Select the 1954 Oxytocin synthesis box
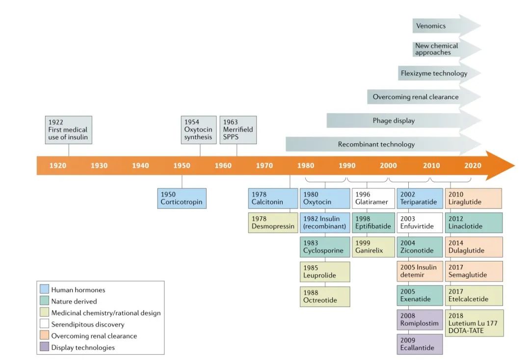tap(199, 130)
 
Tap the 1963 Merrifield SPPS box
tap(238, 130)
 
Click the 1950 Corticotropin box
tap(182, 198)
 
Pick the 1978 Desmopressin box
tap(273, 222)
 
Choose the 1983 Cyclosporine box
tap(325, 247)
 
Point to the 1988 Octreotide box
tap(325, 296)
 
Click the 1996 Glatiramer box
tap(373, 198)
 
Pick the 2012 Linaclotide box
tap(474, 222)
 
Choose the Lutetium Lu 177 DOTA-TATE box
tap(474, 323)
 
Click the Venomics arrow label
tap(430, 26)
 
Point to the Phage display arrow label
tap(394, 121)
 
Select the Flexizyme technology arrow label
tap(434, 74)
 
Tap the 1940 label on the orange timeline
tap(140, 166)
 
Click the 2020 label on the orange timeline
tap(473, 166)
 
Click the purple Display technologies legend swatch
tap(44, 347)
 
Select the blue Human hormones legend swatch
tap(44, 290)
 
